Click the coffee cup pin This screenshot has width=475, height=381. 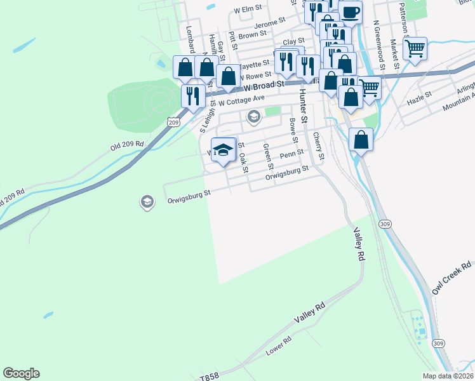[x=350, y=12]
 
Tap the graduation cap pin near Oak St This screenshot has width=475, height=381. [x=223, y=150]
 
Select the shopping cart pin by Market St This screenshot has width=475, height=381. [x=415, y=48]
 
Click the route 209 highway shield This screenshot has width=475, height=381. [x=173, y=120]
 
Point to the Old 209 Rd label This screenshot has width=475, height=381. [x=127, y=145]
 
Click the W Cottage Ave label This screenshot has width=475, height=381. [x=241, y=98]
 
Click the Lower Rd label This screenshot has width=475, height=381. [x=278, y=349]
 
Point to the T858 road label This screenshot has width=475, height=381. [x=209, y=376]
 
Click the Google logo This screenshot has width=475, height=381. [x=21, y=373]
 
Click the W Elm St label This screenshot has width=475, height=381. [x=248, y=10]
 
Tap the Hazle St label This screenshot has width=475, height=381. [x=419, y=97]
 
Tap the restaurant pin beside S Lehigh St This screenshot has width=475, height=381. [x=192, y=96]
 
